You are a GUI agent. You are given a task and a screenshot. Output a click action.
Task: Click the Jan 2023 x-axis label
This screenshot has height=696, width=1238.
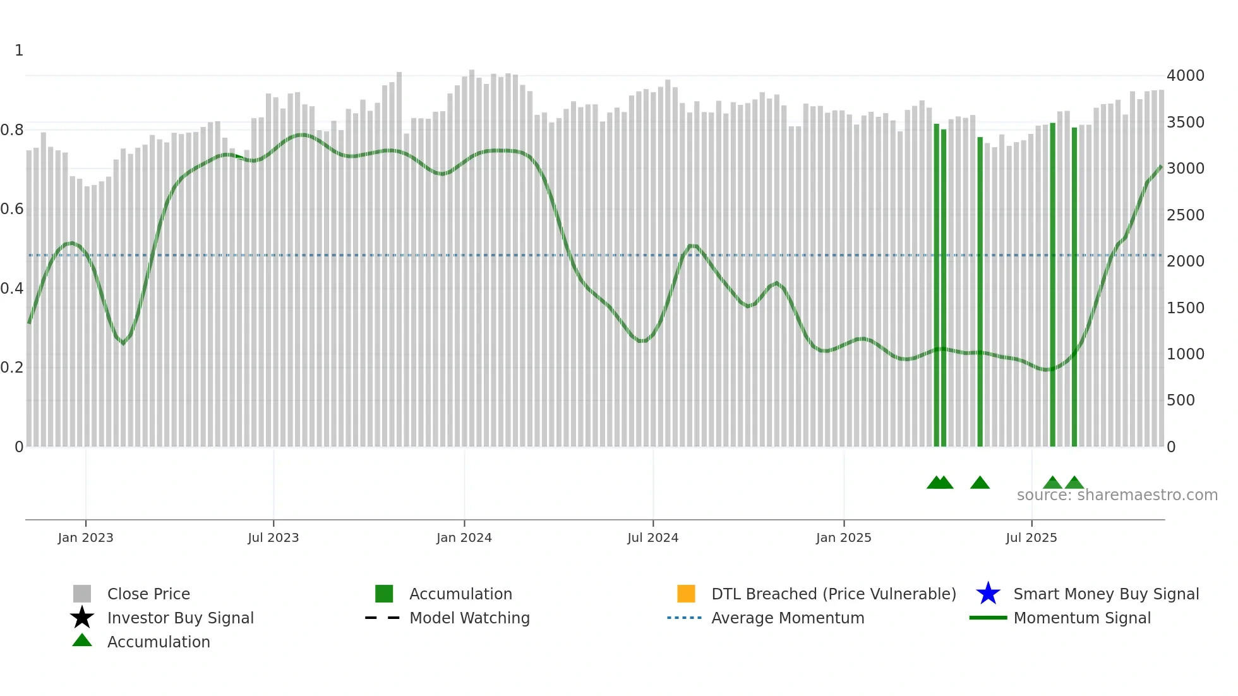[85, 537]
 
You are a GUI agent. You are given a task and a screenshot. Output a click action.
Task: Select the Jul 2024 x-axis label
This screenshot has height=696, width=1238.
[652, 537]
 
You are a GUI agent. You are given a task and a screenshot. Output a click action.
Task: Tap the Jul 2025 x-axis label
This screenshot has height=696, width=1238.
[1031, 537]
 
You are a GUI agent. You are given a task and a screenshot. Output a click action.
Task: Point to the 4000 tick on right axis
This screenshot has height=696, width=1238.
[1185, 76]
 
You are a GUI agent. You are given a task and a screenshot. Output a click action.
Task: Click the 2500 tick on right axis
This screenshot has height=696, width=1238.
[1185, 215]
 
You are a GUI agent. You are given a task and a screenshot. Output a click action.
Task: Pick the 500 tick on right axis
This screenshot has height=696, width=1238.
[1181, 400]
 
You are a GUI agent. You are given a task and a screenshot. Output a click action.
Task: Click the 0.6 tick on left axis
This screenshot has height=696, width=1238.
[13, 209]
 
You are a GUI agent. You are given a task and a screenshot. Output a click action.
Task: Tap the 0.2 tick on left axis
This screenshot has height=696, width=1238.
[13, 368]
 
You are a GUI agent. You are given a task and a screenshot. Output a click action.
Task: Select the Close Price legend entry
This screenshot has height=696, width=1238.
[148, 594]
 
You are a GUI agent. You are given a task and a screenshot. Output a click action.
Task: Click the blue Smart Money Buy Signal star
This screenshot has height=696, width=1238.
[988, 594]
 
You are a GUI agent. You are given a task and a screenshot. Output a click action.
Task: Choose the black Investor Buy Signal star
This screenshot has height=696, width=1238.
[82, 618]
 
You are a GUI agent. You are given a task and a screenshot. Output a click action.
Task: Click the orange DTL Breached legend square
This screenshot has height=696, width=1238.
[686, 594]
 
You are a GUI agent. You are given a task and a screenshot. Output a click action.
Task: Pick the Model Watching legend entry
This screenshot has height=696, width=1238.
[469, 618]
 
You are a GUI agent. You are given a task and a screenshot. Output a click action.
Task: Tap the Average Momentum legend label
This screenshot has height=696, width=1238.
[787, 618]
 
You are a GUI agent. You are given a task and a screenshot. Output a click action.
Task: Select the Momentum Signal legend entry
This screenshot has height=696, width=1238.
[1081, 618]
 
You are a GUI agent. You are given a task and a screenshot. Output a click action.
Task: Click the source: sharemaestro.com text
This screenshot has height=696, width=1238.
[1117, 495]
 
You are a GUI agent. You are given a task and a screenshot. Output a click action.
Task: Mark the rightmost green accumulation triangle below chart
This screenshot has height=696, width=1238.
[1074, 483]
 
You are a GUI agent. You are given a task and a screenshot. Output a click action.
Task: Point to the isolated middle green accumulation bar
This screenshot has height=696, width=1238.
[980, 291]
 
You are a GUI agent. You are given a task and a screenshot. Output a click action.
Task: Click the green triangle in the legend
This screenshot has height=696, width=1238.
[82, 640]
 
